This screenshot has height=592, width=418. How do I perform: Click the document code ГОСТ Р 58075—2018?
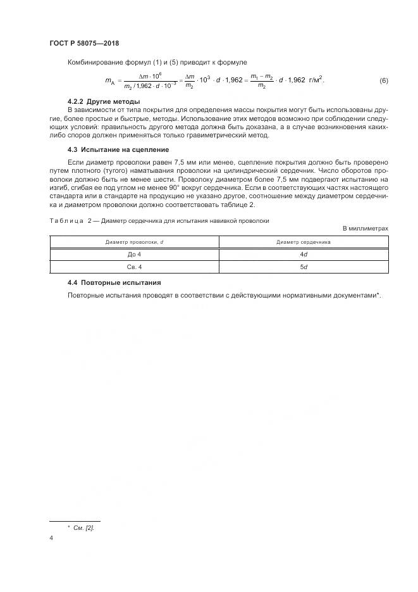coord(84,44)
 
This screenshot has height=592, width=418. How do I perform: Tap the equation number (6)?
coord(383,80)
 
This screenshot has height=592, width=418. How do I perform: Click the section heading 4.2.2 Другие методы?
coord(104,102)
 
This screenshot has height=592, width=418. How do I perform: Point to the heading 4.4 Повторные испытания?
coord(114,282)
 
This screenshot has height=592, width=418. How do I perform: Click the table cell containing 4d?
coord(304,254)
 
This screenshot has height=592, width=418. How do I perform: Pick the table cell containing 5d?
coord(304,267)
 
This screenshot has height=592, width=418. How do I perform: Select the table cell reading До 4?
coord(134,254)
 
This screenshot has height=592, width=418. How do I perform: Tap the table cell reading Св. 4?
coord(134,267)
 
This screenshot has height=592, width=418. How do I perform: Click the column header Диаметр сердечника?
coord(304,242)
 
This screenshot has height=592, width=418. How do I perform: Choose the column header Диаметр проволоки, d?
coord(134,242)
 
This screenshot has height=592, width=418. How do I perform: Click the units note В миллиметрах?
coord(365,228)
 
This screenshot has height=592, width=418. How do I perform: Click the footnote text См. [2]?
coord(83,527)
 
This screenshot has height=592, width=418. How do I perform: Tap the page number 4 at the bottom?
coord(51,538)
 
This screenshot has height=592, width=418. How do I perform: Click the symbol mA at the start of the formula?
coord(108,81)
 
